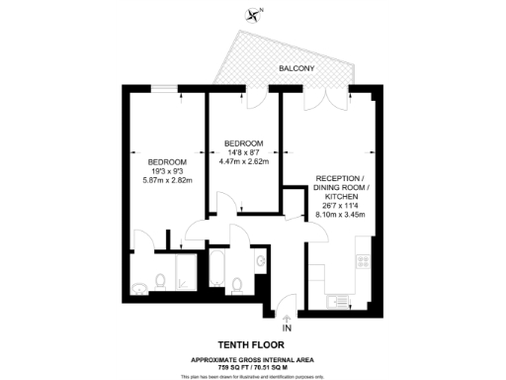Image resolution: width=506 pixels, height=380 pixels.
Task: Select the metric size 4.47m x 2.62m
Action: point(242,161)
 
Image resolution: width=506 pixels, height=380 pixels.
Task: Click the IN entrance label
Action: point(288,328)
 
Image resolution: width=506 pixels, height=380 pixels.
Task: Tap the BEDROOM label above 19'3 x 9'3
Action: point(166,161)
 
